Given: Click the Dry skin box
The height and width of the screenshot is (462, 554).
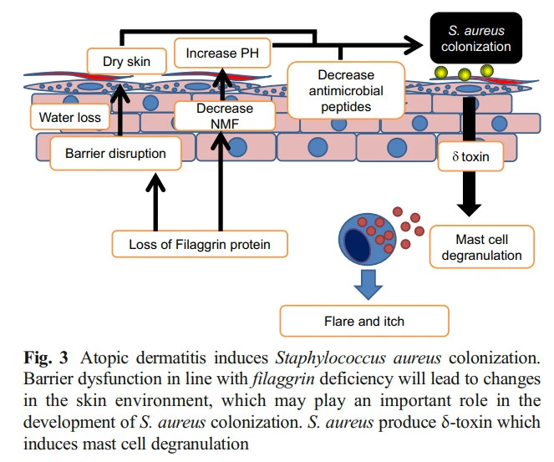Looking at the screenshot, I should pos(125,61).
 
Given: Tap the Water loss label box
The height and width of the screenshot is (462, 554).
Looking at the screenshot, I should pos(70,117).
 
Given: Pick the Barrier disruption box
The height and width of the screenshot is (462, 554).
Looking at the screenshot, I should pos(115,154).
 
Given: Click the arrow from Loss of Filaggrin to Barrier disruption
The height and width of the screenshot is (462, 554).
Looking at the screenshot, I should pos(153,201).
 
